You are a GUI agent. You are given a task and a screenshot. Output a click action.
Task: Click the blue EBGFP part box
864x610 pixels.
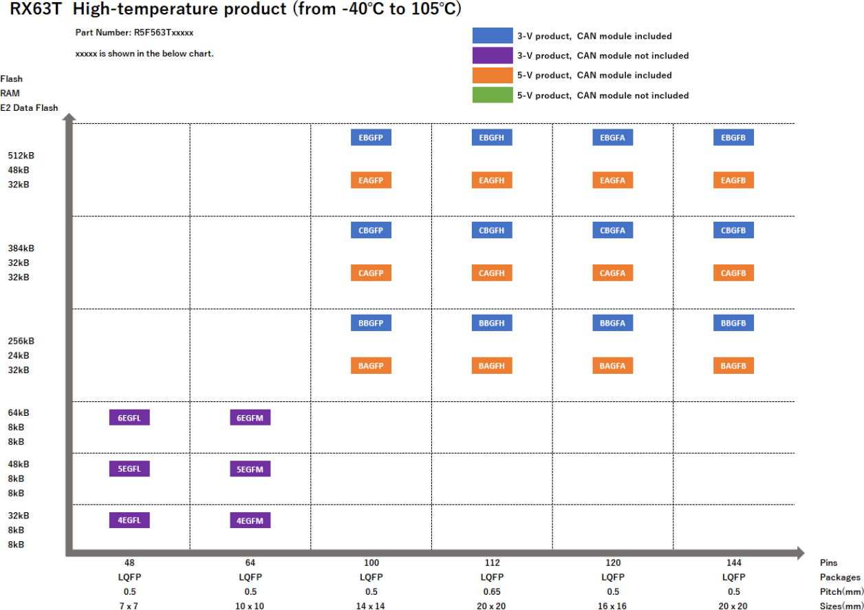point(371,138)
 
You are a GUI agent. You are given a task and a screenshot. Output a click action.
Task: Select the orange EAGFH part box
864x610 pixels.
point(492,180)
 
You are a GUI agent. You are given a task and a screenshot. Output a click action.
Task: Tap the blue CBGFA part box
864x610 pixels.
point(612,231)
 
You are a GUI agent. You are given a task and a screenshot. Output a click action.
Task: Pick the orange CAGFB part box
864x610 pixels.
point(733,273)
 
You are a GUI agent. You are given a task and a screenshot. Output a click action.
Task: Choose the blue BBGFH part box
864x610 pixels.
point(492,323)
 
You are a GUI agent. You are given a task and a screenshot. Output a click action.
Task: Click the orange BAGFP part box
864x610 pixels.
point(371,366)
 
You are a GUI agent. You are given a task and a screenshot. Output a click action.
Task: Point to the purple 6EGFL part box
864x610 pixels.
point(129,417)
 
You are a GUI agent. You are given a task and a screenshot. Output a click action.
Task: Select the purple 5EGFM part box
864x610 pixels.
point(250,469)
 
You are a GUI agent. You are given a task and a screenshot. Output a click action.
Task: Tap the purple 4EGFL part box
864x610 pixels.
point(129,520)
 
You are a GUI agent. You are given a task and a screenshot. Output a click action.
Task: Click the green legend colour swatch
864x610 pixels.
point(493,95)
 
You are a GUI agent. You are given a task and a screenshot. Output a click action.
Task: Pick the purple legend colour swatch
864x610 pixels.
point(493,55)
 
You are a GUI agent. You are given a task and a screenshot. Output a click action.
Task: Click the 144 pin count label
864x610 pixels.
point(733,562)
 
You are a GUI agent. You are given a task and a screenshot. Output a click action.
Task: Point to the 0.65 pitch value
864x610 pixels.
point(492,591)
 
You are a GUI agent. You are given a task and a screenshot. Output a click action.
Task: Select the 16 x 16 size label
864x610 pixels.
point(612,606)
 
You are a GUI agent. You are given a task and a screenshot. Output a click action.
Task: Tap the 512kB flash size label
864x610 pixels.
point(21,156)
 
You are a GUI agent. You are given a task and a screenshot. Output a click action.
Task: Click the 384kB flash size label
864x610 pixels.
point(21,249)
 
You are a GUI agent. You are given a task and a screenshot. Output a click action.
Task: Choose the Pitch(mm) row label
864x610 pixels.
point(840,591)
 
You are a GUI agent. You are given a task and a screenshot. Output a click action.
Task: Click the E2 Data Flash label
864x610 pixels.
point(29,107)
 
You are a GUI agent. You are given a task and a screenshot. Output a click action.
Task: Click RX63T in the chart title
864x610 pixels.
point(36,10)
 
